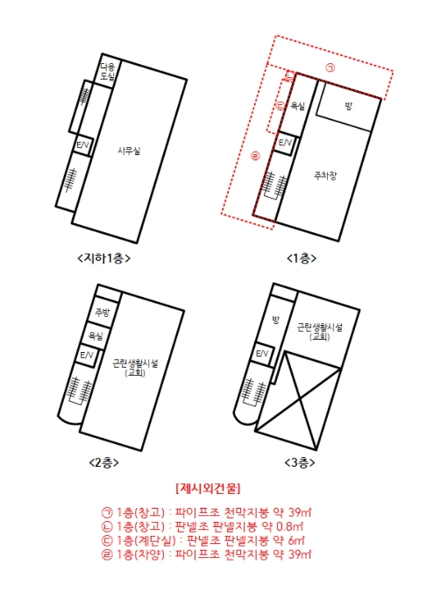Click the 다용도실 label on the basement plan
coord(107,72)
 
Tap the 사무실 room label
coord(129,151)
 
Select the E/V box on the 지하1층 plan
coord(83,145)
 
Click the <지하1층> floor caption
coord(103,258)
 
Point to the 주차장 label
coord(324,175)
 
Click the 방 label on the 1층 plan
coord(348,106)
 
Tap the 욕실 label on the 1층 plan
coord(297,106)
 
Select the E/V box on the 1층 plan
coord(285,143)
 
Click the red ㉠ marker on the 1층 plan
coord(331,68)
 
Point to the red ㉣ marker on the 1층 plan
coord(255,157)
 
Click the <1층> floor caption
coord(302,258)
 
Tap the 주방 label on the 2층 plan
coord(103,313)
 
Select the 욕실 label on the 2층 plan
coord(96,335)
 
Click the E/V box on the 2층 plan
coord(86,356)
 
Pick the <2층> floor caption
coord(103,463)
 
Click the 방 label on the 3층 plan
coord(276,321)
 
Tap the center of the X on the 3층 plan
coord(300,399)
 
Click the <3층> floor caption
coord(300,463)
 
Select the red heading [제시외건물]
coord(208,489)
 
